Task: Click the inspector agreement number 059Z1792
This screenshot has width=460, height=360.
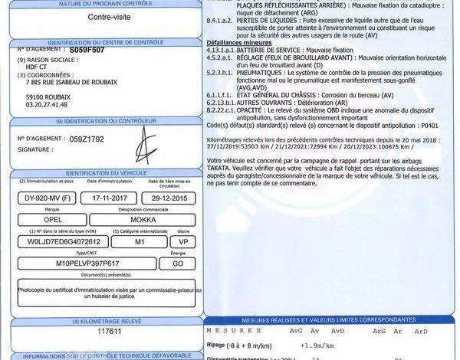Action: (x=85, y=140)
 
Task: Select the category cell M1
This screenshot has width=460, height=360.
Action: (x=138, y=241)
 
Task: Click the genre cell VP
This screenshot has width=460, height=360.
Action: (x=182, y=241)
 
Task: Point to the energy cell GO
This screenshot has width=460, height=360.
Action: (x=176, y=262)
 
